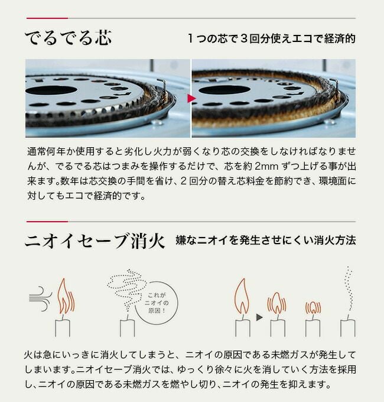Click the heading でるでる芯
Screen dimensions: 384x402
[68, 38]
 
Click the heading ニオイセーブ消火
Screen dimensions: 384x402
[95, 241]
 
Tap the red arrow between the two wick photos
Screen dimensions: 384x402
[191, 98]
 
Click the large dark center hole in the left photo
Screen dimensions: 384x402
[51, 90]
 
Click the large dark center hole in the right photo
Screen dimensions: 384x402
[224, 90]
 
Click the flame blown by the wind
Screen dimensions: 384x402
[66, 296]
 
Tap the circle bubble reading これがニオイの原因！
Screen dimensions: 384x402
[157, 303]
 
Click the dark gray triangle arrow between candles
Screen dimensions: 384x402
[259, 317]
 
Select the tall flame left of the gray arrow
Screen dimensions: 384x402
[242, 296]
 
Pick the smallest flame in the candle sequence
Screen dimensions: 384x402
[313, 307]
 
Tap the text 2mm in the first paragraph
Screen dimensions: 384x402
[266, 166]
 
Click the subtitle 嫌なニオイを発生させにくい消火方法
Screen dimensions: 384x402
[266, 241]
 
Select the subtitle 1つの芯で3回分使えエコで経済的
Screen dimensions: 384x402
[272, 38]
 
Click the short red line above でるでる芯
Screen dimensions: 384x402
[47, 18]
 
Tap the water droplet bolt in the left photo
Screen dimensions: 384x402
[157, 122]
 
